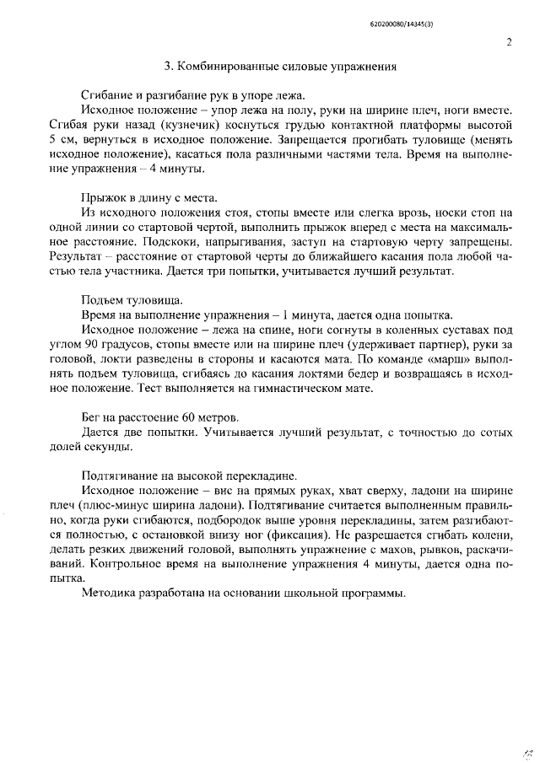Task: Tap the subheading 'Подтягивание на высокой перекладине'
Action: tap(188, 475)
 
